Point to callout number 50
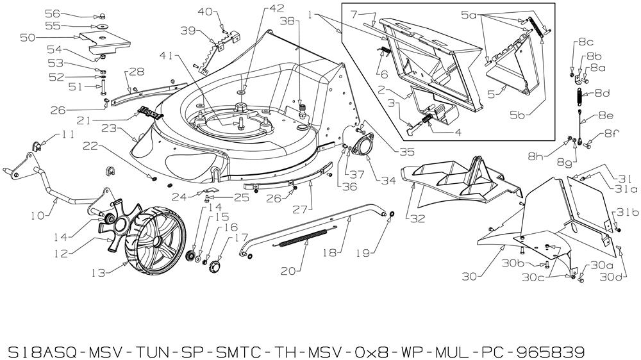point(27,38)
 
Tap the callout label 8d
point(602,94)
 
